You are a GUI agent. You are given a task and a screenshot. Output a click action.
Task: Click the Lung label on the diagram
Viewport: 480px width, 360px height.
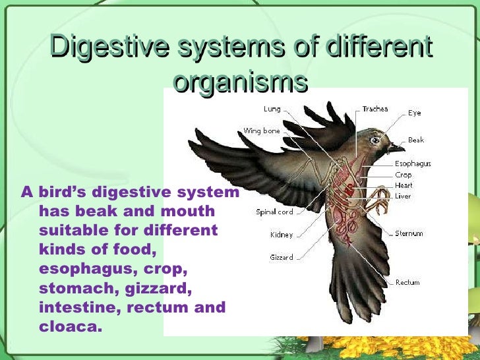pos(272,109)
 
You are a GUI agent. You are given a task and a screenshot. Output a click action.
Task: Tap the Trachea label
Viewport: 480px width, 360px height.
pos(375,109)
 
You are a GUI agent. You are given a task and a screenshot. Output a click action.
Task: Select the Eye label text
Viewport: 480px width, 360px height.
pos(414,113)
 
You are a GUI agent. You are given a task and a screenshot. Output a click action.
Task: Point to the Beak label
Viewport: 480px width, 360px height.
pos(416,140)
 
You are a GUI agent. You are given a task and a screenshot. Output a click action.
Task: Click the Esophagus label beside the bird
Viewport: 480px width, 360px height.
pos(413,164)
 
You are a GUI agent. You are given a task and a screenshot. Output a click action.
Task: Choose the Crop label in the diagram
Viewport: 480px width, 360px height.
pos(404,175)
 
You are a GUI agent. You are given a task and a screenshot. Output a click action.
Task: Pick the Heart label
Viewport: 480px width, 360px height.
pos(404,185)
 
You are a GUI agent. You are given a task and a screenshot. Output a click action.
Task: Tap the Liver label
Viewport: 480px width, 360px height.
pos(403,196)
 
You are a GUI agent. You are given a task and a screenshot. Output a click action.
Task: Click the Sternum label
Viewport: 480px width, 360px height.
pos(409,233)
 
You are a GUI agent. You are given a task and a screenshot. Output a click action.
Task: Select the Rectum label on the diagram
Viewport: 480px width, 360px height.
pos(407,282)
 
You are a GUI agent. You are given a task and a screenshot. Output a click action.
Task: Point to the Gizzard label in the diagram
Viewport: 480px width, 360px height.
pos(282,257)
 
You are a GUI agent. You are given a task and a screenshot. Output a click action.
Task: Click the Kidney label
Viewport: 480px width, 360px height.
pos(282,235)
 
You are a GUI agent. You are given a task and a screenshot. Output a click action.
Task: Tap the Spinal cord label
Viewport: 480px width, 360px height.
pos(274,212)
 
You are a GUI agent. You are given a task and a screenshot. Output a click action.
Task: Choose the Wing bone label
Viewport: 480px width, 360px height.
pos(262,131)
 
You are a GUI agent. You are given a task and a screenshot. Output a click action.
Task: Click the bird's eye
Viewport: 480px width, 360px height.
pos(376,140)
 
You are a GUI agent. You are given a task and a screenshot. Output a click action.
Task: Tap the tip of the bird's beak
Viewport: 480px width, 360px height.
pos(404,147)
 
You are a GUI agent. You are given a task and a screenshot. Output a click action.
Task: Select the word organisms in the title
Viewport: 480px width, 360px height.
pos(241,82)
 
